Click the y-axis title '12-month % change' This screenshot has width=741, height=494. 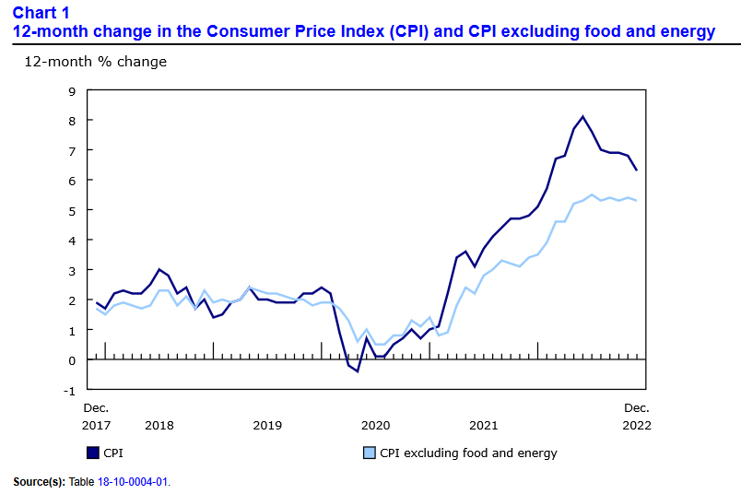(95, 62)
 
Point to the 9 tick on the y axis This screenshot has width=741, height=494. (71, 90)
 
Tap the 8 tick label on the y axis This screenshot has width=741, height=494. (71, 121)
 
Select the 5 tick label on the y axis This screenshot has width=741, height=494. (71, 210)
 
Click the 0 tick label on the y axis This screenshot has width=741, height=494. (71, 360)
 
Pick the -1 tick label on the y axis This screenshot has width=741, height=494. (69, 390)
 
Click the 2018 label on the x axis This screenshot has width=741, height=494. (159, 425)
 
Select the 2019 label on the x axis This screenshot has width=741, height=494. (267, 425)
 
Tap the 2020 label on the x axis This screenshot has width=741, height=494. (375, 425)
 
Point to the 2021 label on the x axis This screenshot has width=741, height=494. (483, 425)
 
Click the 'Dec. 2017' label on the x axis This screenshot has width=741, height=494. (96, 416)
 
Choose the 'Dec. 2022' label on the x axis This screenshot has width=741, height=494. (637, 416)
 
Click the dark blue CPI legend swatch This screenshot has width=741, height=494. (92, 453)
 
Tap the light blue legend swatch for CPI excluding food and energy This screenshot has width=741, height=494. (370, 453)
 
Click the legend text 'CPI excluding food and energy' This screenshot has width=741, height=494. (468, 453)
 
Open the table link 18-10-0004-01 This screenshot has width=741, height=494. (135, 481)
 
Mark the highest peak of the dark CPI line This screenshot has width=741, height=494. (582, 116)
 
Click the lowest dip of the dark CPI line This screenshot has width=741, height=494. (358, 371)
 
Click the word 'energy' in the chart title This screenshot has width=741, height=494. (690, 31)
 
